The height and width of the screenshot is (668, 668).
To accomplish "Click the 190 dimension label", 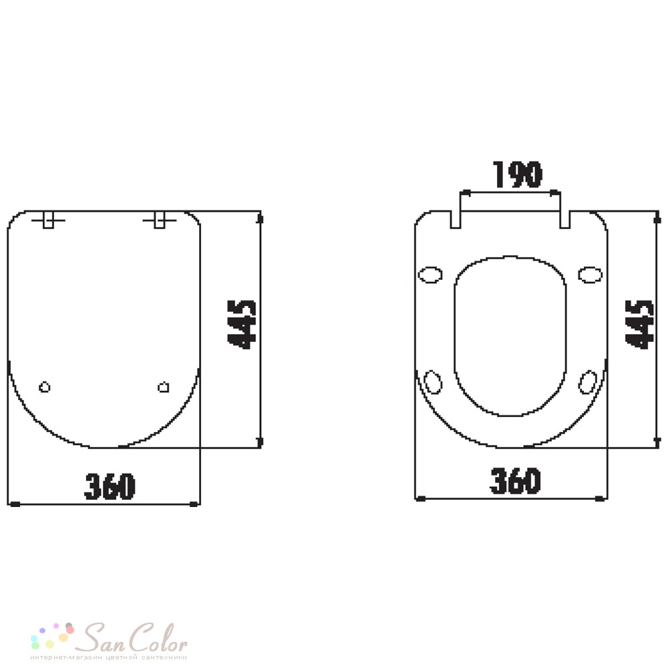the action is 517,174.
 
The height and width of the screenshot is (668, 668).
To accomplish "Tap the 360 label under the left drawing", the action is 110,486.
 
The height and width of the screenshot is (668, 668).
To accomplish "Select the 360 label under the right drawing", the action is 515,480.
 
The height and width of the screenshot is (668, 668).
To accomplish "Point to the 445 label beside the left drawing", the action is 242,325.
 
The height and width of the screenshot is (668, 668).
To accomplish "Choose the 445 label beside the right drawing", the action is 639,325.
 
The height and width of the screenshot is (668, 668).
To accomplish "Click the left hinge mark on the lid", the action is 49,220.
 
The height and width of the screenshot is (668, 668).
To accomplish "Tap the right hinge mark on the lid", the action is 160,220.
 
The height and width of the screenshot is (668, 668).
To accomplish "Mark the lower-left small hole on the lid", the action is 45,387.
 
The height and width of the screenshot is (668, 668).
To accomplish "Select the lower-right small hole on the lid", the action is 164,387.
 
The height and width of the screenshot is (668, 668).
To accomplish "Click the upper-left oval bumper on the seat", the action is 430,275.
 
